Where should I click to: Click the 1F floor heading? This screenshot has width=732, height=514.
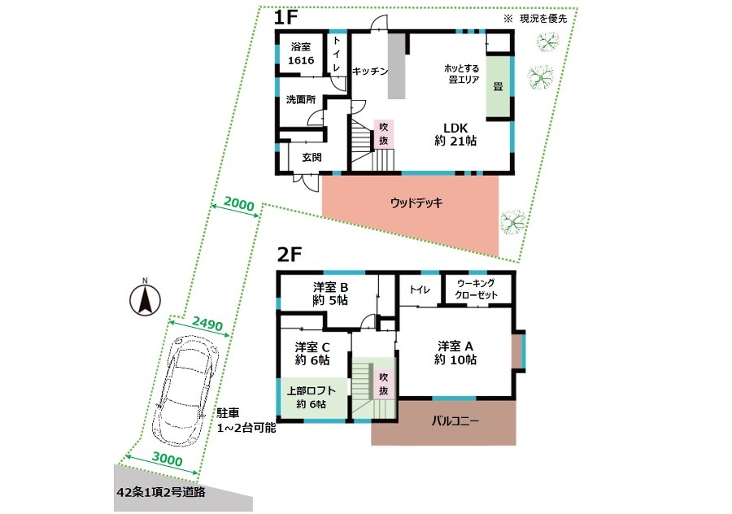click(285, 18)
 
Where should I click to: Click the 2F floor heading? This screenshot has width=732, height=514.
click(290, 255)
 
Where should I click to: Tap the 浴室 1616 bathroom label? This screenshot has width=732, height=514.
click(301, 53)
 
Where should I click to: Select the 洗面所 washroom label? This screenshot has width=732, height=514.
click(301, 99)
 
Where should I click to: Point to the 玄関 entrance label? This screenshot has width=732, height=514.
click(312, 157)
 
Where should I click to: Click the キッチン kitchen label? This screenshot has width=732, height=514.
click(370, 71)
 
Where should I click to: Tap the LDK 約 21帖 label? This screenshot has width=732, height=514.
click(455, 134)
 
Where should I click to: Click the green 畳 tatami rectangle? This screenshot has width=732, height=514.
click(499, 87)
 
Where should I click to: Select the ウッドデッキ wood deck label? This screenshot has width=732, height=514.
click(416, 203)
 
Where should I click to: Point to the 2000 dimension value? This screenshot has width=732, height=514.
click(239, 204)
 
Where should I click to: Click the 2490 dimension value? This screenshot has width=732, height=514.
click(207, 323)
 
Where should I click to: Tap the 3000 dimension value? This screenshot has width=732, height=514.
click(167, 460)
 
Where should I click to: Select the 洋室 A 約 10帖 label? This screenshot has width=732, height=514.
click(455, 352)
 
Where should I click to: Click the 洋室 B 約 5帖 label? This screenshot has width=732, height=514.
click(330, 294)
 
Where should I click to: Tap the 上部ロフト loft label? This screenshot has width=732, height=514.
click(311, 391)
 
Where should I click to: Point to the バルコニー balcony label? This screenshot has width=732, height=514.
click(455, 421)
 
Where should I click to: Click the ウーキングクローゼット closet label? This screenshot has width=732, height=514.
click(476, 289)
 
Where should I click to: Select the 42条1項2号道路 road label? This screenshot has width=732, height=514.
click(161, 492)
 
